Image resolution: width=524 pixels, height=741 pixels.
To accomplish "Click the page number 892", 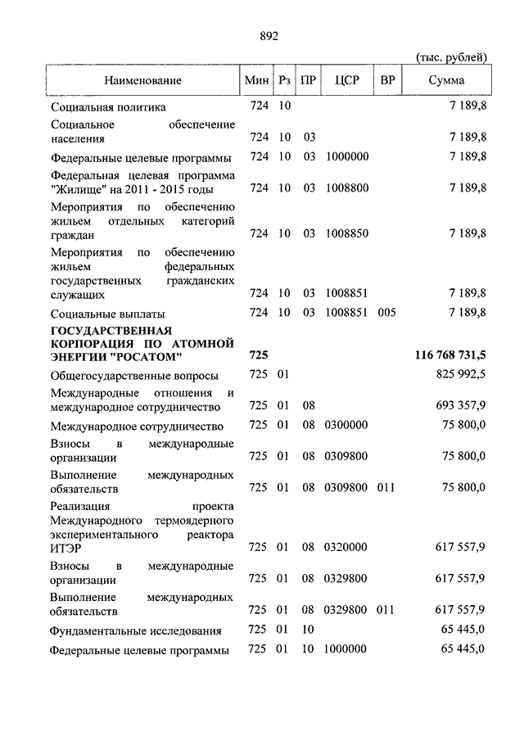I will pos(269,35).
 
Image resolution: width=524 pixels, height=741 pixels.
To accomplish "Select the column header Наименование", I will pos(142,80).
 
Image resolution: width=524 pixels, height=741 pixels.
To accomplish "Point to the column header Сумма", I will pos(446,80).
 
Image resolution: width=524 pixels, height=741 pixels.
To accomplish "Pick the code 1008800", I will pos(347,188).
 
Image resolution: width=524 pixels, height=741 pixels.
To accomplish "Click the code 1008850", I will pos(347,233).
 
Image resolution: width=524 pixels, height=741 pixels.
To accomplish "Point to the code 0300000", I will pos(347,426).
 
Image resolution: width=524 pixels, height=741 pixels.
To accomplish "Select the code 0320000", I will pos(347,547).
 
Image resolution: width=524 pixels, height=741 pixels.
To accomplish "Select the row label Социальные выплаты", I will pos(108,314).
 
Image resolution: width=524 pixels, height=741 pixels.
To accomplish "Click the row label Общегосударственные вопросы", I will pos(134,376).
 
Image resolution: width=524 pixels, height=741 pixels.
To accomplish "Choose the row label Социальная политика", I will pos(108,107).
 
